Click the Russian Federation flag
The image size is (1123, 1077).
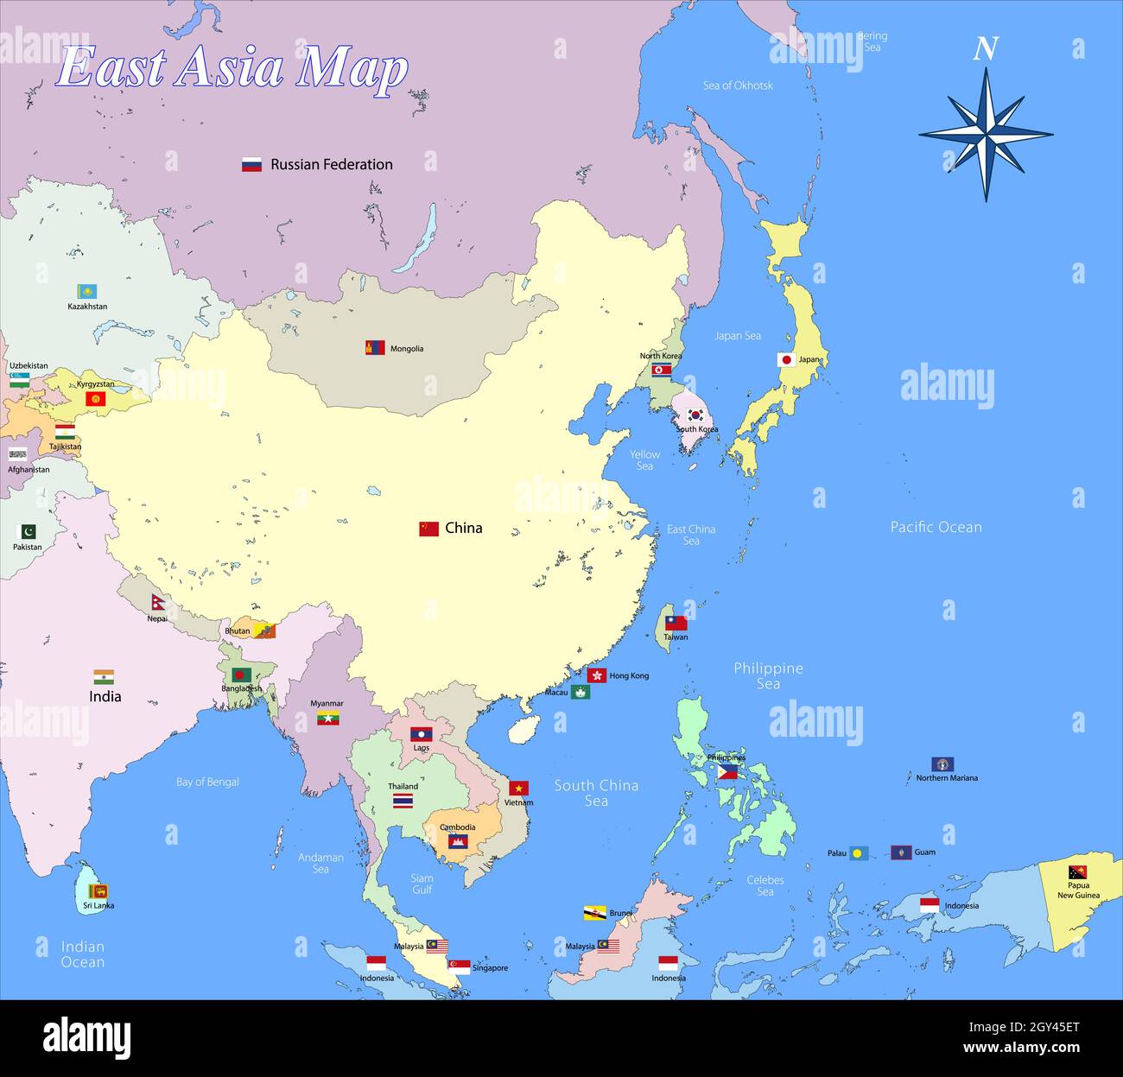coord(251,164)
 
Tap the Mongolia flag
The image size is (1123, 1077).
coord(375,348)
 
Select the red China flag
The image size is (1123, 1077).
coord(428,529)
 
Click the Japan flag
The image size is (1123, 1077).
coord(786,359)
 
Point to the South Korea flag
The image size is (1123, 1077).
coord(695,415)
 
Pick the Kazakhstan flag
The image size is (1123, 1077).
coord(87,292)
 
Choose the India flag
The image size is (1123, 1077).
coord(104,677)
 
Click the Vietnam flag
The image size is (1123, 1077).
coord(518,788)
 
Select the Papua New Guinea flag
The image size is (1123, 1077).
coord(1077,872)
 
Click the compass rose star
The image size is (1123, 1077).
coord(986,134)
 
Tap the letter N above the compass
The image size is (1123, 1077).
coord(985,49)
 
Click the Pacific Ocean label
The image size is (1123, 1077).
coord(936,527)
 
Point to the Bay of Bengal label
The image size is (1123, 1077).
coord(207,782)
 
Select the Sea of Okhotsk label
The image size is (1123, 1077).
coord(737,86)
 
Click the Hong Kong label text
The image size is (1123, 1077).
coord(629,675)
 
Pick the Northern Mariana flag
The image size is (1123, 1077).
coord(942,764)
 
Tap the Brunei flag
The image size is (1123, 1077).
coord(594,913)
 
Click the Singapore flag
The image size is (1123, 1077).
coord(459,967)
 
